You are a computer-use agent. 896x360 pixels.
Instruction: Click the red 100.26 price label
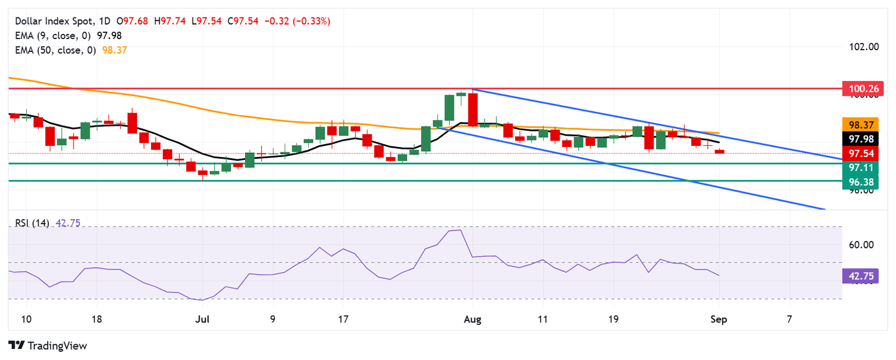[x=863, y=89]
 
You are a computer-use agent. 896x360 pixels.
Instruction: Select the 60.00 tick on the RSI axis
[x=860, y=244]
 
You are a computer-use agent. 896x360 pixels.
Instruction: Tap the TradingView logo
[x=48, y=345]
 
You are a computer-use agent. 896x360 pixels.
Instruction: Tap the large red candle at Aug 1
[x=473, y=109]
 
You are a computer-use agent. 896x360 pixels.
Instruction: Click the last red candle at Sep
[x=719, y=152]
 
